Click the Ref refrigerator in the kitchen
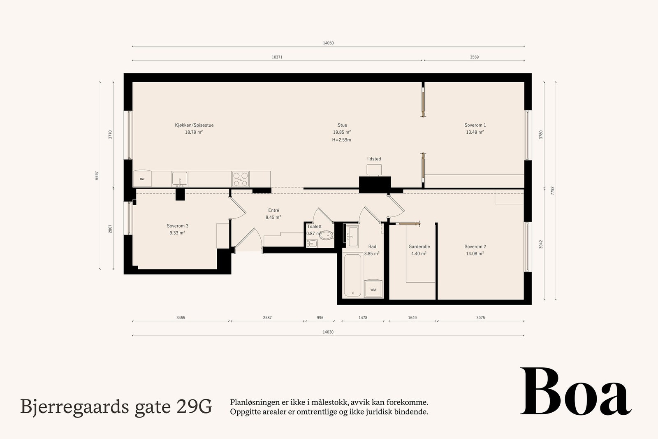[x=142, y=179]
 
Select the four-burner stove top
[x=240, y=179]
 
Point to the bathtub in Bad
[x=352, y=275]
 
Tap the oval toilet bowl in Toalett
[x=326, y=235]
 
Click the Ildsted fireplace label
[x=374, y=159]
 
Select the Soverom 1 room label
[x=475, y=125]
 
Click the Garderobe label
[x=419, y=246]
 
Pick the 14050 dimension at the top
[x=328, y=43]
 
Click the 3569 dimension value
[x=474, y=57]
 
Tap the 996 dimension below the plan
[x=320, y=318]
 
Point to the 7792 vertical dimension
[x=552, y=191]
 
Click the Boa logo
[x=575, y=391]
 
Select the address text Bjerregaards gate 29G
[x=116, y=407]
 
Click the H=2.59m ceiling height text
[x=341, y=140]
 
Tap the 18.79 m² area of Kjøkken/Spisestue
[x=194, y=132]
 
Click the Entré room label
[x=273, y=210]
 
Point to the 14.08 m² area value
[x=475, y=253]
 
